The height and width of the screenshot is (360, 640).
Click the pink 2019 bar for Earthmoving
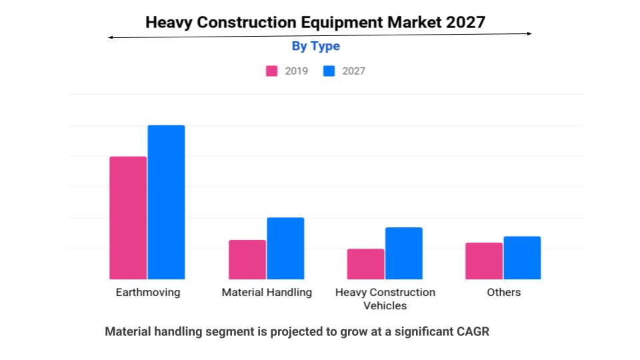pyautogui.click(x=128, y=218)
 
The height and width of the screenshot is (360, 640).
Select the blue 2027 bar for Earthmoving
pyautogui.click(x=166, y=202)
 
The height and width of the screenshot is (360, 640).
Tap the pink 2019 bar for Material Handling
pyautogui.click(x=247, y=259)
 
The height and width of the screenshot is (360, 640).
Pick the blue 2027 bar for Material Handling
pyautogui.click(x=285, y=249)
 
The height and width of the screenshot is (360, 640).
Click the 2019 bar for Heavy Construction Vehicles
pyautogui.click(x=365, y=264)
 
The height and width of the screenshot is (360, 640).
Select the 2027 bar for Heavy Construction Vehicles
pyautogui.click(x=403, y=253)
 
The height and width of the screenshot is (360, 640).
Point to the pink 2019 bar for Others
pyautogui.click(x=484, y=261)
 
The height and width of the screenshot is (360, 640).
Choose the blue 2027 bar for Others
pyautogui.click(x=522, y=257)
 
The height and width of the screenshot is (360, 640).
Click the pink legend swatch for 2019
pyautogui.click(x=272, y=71)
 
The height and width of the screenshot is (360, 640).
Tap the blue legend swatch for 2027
pyautogui.click(x=329, y=71)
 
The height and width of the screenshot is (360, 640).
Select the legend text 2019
pyautogui.click(x=297, y=71)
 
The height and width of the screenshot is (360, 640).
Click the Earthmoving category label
pyautogui.click(x=147, y=293)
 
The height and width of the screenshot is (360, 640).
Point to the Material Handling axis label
pyautogui.click(x=267, y=293)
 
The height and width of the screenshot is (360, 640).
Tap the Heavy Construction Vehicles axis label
pyautogui.click(x=385, y=299)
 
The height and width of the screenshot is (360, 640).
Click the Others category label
pyautogui.click(x=503, y=293)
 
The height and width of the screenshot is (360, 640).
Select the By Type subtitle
pyautogui.click(x=315, y=46)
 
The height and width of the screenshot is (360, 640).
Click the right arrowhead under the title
pyautogui.click(x=529, y=33)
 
